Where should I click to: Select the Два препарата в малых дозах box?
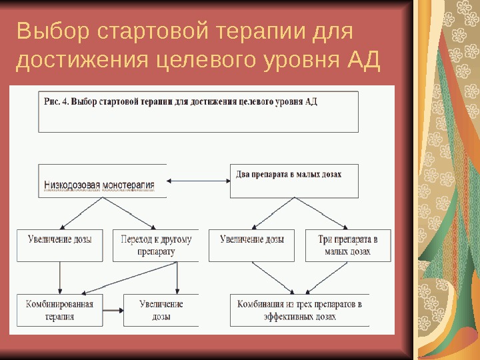294,181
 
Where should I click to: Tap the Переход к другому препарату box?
156,245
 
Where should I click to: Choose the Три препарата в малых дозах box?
347,245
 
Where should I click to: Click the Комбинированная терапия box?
60,310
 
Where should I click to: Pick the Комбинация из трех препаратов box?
299,310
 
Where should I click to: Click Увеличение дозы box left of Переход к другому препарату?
60,245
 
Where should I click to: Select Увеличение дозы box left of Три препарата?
251,245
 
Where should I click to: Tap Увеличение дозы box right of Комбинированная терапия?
161,310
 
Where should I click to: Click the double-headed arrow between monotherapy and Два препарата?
198,181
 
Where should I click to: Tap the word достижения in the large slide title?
81,62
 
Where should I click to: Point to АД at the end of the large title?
364,62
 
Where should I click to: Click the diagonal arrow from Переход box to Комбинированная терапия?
119,278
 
